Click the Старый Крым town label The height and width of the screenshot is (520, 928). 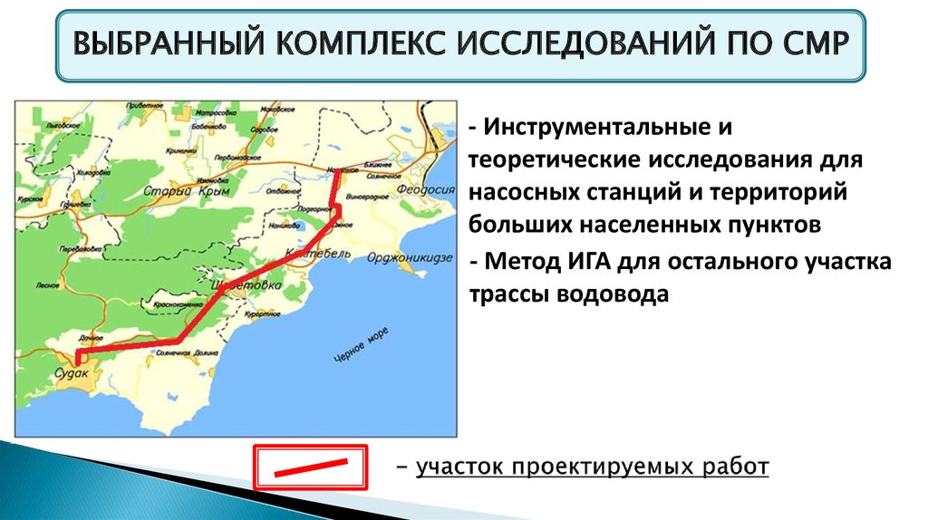(189, 191)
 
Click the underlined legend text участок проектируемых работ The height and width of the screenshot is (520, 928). (592, 467)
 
